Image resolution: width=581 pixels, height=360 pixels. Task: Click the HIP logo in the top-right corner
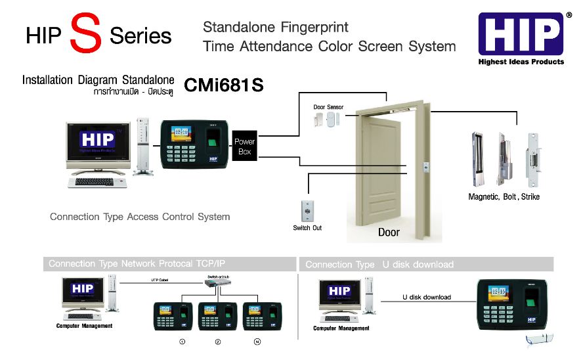tap(521, 34)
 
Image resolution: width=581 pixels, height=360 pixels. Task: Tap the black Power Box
tap(245, 146)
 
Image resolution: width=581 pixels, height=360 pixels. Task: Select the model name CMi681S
tap(224, 85)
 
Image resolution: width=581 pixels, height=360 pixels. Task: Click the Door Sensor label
tap(328, 107)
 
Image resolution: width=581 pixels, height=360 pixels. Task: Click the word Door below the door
tap(389, 232)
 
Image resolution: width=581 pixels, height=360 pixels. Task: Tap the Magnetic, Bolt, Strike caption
tap(504, 196)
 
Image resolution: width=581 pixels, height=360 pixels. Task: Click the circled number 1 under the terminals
tap(182, 342)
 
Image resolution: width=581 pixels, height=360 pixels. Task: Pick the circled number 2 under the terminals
tap(218, 342)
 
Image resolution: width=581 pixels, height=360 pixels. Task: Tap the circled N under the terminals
tap(257, 342)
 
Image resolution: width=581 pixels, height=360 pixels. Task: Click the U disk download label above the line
tap(426, 297)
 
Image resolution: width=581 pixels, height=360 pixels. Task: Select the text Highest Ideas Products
tap(521, 62)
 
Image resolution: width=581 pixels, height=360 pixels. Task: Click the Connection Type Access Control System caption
tap(140, 216)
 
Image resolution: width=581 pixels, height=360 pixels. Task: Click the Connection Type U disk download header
tap(379, 264)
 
